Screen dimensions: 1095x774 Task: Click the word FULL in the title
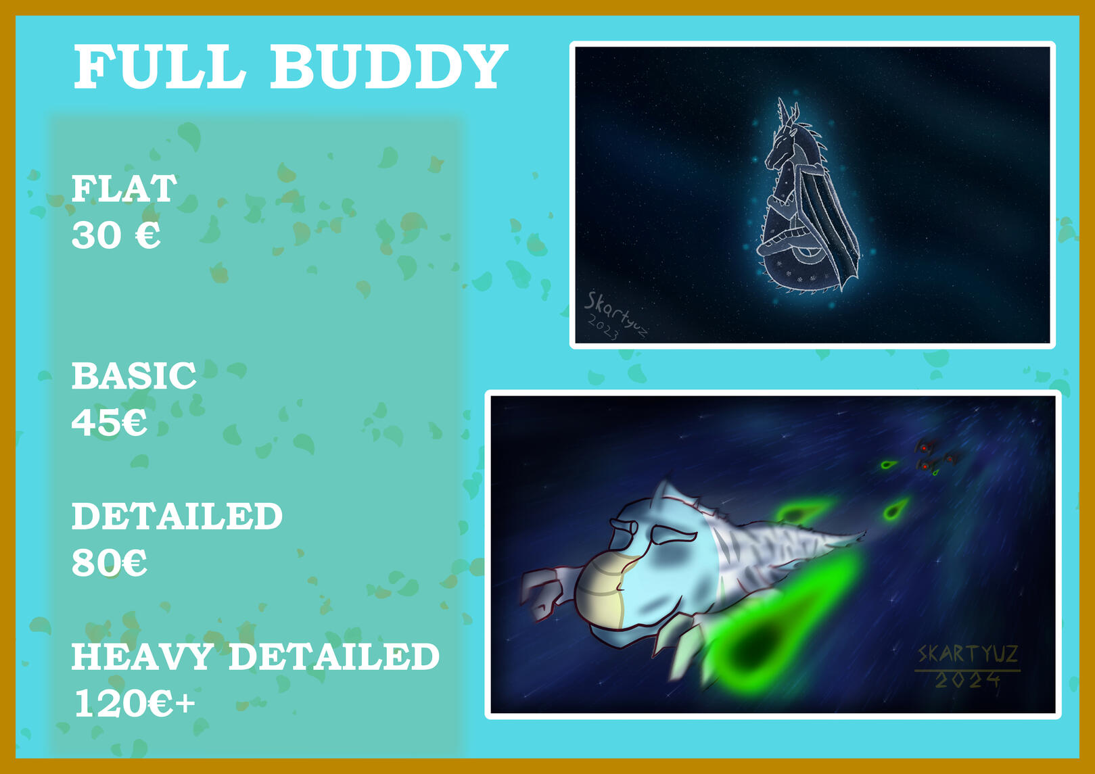click(x=160, y=66)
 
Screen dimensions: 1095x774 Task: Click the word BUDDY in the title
click(x=389, y=66)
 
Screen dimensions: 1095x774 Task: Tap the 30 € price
click(x=116, y=235)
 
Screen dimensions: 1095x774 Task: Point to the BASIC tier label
click(x=134, y=376)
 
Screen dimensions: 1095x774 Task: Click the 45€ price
click(x=109, y=422)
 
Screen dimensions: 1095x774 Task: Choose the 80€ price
click(x=109, y=562)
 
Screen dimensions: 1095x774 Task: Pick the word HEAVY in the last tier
click(x=142, y=656)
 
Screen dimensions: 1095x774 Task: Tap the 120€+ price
click(x=135, y=703)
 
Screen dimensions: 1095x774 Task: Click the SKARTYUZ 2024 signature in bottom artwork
click(x=967, y=666)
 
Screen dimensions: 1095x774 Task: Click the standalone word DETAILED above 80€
click(x=177, y=516)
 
